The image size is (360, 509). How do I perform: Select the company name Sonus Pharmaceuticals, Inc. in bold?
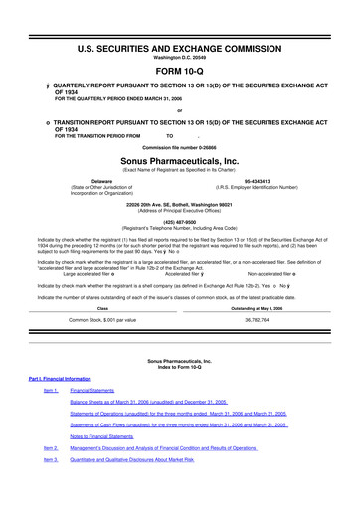click(x=179, y=157)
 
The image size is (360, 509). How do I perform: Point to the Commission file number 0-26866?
click(x=179, y=143)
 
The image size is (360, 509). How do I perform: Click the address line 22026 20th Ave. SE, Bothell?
click(x=179, y=201)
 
